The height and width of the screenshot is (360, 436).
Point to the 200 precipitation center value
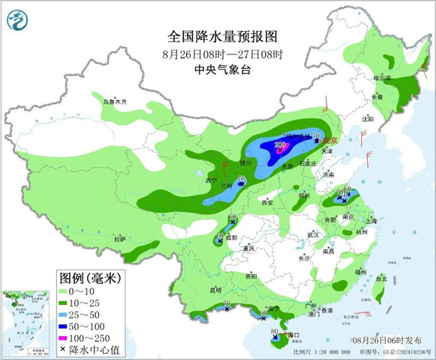click(x=280, y=144)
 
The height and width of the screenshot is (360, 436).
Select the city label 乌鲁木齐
click(x=115, y=101)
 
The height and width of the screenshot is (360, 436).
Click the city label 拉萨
click(x=121, y=239)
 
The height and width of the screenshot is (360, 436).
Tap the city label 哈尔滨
click(x=382, y=78)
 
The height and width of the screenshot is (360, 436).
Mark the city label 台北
click(x=381, y=278)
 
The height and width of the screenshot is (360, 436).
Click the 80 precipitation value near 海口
click(x=275, y=332)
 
